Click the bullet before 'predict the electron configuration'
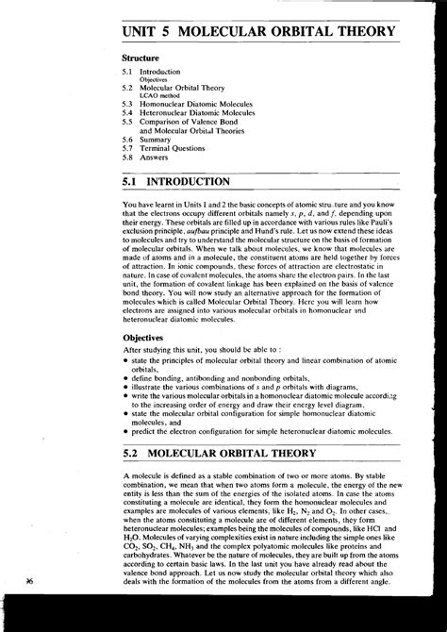point(125,430)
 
